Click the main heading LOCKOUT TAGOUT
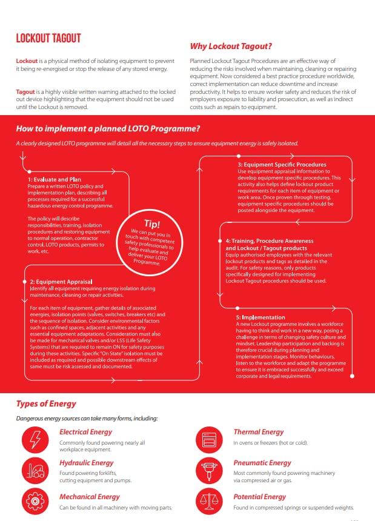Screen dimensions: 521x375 click(48, 38)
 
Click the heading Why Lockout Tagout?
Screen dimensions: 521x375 click(231, 46)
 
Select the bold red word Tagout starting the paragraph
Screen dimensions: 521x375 click(26, 91)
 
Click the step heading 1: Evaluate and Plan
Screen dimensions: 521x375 click(54, 179)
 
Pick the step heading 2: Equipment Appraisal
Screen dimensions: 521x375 click(61, 282)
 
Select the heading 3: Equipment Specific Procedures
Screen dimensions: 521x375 click(282, 164)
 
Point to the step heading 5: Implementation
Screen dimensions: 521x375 click(261, 317)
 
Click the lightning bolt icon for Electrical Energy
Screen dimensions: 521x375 click(36, 438)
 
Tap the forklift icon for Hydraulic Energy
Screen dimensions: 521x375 click(36, 470)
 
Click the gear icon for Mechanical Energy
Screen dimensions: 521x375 click(36, 501)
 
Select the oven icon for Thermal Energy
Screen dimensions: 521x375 click(210, 438)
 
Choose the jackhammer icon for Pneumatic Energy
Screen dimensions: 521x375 click(210, 470)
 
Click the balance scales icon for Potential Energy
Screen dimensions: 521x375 click(210, 501)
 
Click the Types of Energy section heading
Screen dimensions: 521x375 click(46, 404)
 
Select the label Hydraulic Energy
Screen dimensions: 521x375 click(87, 463)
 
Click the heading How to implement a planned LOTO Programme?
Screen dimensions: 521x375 click(108, 128)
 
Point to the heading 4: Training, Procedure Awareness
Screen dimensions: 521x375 click(270, 241)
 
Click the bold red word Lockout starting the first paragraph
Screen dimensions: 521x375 click(27, 62)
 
